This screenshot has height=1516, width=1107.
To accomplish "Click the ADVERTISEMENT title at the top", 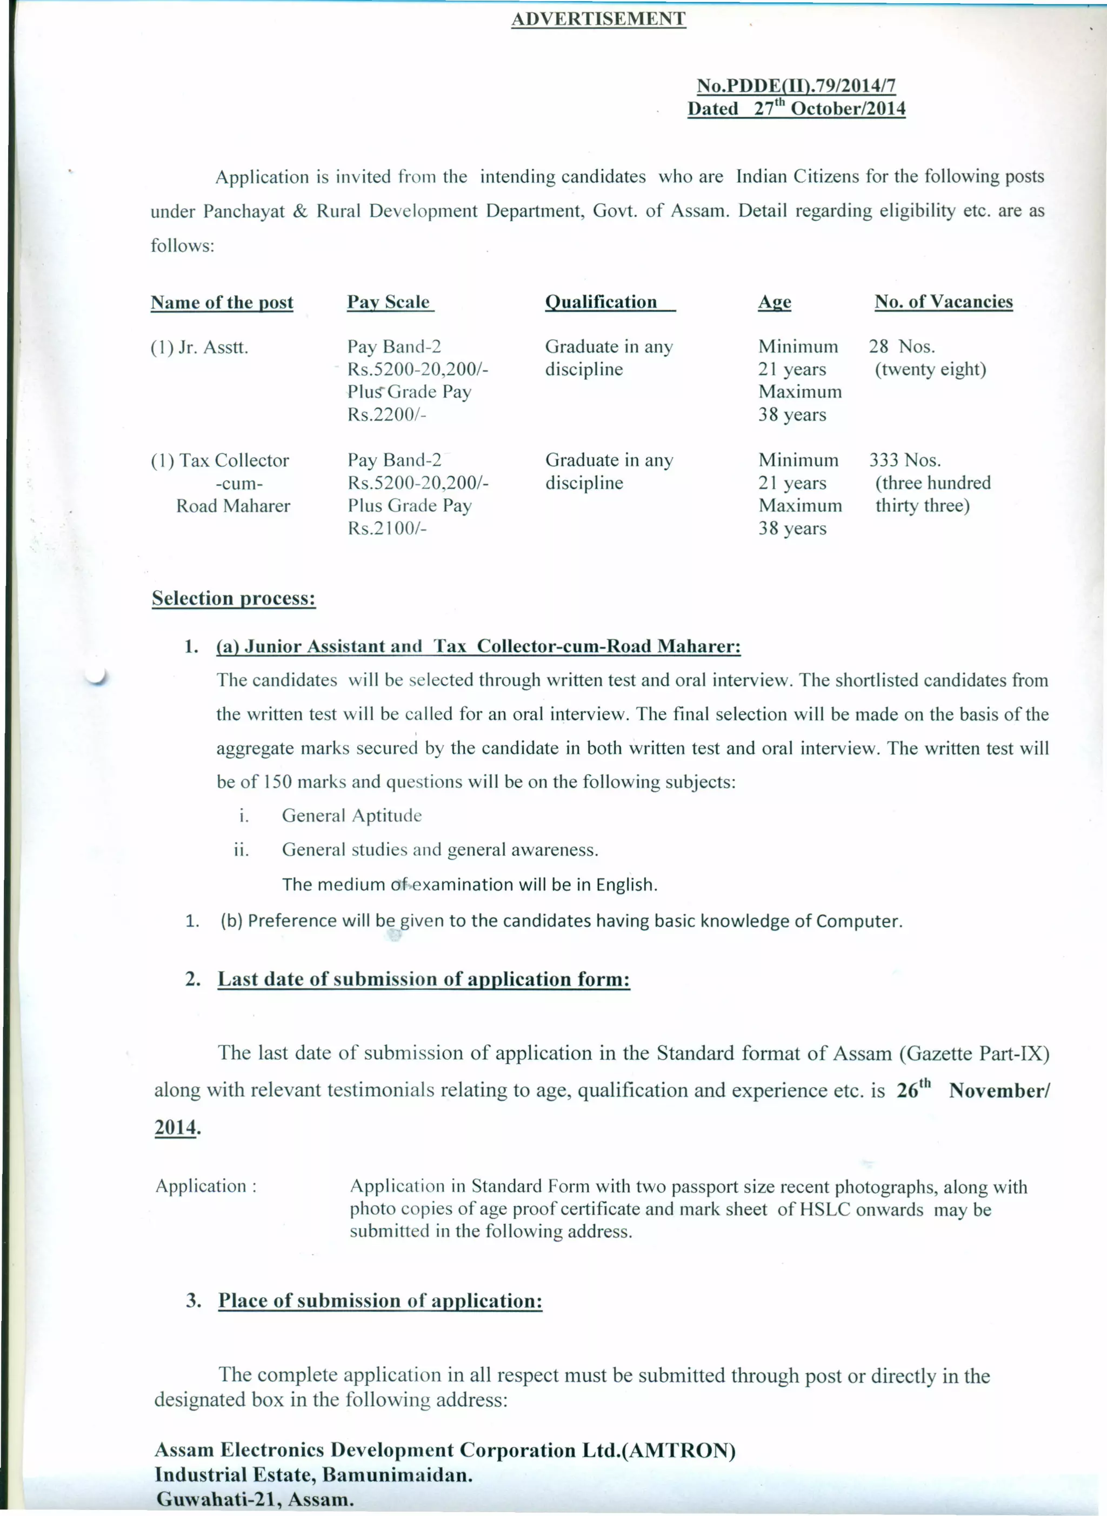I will tap(598, 19).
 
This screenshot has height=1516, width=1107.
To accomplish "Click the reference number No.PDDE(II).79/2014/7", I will tap(796, 86).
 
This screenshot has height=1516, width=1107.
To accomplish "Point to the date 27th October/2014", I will tap(829, 109).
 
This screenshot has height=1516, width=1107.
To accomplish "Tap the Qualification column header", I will tap(601, 302).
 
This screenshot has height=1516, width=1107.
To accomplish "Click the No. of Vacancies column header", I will tap(944, 302).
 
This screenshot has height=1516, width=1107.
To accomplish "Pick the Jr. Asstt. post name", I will tap(199, 348).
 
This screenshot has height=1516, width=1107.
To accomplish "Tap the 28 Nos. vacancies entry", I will tap(902, 346).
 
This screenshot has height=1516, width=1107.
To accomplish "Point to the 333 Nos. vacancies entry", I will tap(905, 460).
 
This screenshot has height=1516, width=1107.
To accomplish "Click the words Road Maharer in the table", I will tap(233, 506).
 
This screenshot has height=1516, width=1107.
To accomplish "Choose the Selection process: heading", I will tap(233, 598).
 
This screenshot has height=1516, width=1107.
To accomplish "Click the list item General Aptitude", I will tap(352, 816).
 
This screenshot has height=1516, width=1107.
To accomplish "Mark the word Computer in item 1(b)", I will tap(858, 921).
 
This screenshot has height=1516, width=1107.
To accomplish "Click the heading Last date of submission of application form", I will tap(423, 979).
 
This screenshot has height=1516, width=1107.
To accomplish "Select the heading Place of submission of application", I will tap(380, 1300).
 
